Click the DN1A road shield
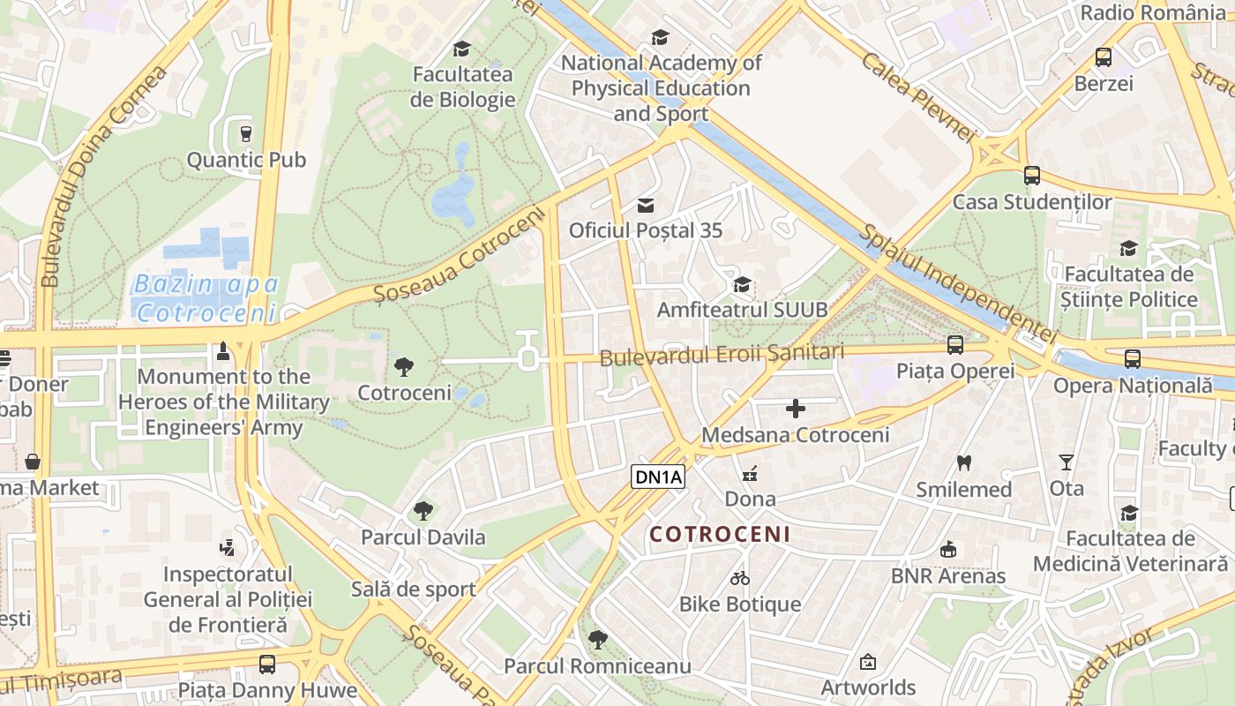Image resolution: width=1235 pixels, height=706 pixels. point(659,477)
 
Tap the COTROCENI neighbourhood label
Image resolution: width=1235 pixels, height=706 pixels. point(720,535)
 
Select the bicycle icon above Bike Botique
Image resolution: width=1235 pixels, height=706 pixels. point(740,578)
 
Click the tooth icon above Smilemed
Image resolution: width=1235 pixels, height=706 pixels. point(963,462)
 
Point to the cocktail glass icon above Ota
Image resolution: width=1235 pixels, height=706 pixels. point(1067,462)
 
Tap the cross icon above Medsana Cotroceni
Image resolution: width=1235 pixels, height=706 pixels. point(795,408)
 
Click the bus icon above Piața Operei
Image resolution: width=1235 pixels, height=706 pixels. point(955,345)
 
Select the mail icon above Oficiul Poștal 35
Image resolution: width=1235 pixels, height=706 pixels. point(646,206)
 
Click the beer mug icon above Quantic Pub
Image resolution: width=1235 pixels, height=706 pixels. point(246,134)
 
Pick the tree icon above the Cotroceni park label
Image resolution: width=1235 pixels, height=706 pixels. point(404,366)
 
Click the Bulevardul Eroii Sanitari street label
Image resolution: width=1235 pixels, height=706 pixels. point(722,356)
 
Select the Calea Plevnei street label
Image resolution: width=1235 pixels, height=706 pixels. point(917,97)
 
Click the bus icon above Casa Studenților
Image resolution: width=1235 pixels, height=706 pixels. point(1031,176)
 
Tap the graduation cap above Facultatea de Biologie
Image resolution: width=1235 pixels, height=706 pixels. point(461,49)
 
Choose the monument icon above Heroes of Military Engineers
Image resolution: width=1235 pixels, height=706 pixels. point(223,351)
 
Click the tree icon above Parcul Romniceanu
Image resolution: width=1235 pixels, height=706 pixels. point(597,639)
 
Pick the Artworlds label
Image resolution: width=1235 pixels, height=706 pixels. point(868,687)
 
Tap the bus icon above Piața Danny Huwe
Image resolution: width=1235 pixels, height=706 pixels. point(266,664)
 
